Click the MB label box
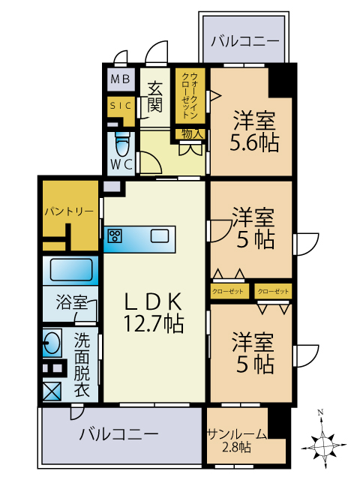(x=120, y=79)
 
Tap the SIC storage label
(x=120, y=106)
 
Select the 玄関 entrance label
(x=154, y=95)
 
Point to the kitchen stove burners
(x=115, y=236)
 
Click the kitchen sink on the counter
(x=159, y=236)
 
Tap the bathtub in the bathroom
(x=70, y=270)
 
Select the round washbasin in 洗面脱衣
(x=52, y=346)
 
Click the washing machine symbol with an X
(x=52, y=391)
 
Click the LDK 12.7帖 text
(x=153, y=311)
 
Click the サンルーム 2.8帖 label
(x=235, y=439)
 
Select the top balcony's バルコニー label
(x=244, y=40)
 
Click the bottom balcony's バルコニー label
(x=118, y=433)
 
